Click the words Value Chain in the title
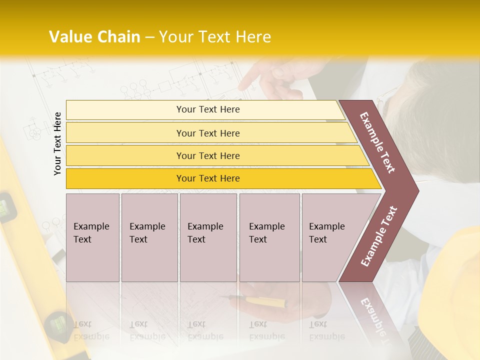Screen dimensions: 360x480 pos(94,37)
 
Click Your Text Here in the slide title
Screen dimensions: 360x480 pos(215,37)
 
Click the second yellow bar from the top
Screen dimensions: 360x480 pos(208,133)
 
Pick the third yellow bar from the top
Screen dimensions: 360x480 pos(208,155)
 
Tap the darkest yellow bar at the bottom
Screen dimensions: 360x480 pos(208,178)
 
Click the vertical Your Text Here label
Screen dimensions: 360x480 pos(57,144)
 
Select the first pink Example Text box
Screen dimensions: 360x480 pos(92,237)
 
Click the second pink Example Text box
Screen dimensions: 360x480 pos(149,237)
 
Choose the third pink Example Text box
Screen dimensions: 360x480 pos(208,237)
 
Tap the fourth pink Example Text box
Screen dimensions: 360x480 pos(269,237)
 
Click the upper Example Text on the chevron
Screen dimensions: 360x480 pos(377,143)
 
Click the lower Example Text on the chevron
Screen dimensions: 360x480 pos(379,236)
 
